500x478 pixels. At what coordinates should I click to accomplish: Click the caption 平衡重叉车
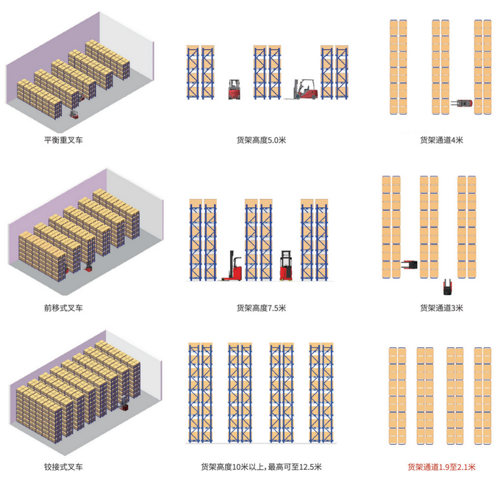point(63,139)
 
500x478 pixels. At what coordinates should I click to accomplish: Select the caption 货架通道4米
point(442,139)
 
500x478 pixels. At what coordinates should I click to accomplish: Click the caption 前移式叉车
point(63,308)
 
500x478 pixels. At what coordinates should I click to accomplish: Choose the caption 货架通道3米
point(442,308)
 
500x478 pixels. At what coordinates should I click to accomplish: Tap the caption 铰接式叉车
point(63,467)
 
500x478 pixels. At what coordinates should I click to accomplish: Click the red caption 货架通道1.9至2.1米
point(442,467)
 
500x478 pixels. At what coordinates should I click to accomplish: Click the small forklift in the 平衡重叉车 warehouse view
point(73,114)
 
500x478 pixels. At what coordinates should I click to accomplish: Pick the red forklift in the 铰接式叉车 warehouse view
point(124,406)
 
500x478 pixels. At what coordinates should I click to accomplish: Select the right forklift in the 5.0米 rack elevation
point(303,89)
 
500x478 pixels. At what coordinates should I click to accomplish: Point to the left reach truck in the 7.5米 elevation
point(234,268)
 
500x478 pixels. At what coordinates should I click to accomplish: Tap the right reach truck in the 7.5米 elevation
point(286,266)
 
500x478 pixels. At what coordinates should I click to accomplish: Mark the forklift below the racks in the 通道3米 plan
point(446,283)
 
